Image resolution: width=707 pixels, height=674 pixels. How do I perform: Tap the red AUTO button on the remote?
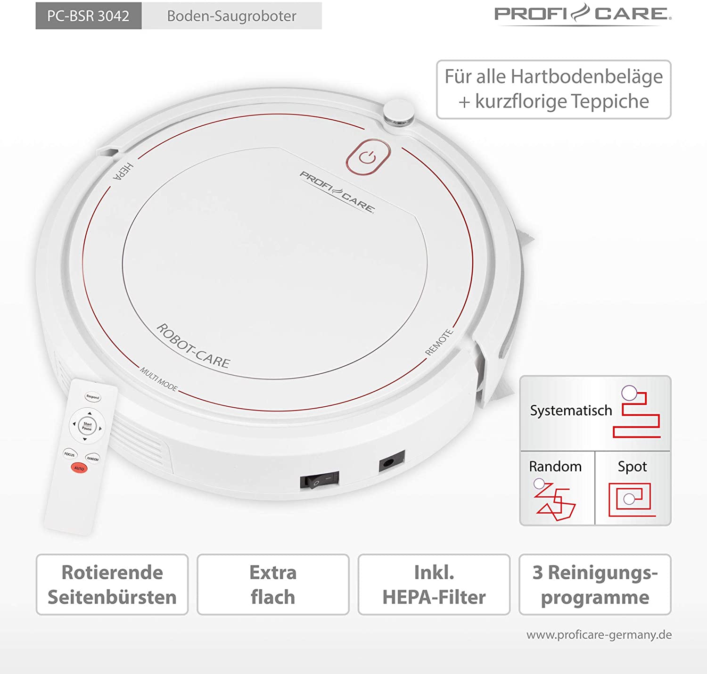pos(79,469)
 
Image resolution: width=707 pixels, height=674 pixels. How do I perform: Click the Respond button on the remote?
pos(92,397)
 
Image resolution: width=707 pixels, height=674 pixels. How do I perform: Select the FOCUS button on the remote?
pos(69,454)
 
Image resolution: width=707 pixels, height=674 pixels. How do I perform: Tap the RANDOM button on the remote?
pos(92,458)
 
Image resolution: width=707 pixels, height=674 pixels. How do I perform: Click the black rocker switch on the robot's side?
pos(320,480)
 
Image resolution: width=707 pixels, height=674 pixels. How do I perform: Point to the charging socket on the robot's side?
pos(392,460)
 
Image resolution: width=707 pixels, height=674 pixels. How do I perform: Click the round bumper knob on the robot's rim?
pos(398,113)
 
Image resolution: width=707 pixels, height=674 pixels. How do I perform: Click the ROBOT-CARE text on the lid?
pos(193,345)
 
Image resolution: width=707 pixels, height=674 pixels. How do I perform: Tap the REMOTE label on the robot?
pos(439,342)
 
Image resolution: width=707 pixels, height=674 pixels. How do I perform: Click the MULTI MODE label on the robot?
pos(158,379)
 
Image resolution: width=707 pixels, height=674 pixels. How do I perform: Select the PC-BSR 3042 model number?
pos(88,16)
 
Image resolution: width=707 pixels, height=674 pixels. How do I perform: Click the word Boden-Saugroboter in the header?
pos(231,16)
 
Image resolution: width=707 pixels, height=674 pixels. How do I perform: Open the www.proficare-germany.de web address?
pos(599,635)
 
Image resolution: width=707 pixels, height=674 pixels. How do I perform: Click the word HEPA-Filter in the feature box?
pos(434,597)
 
